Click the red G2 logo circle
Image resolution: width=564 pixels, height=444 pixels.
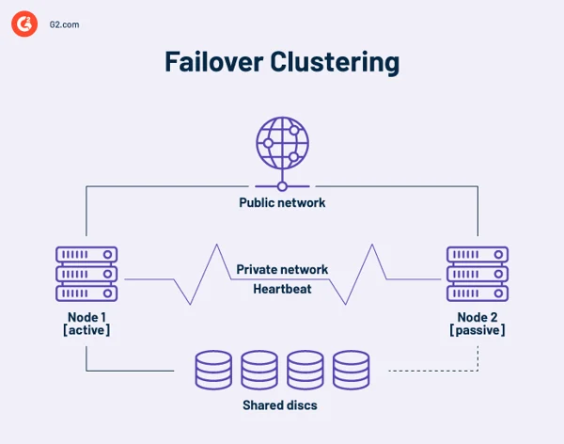(24, 25)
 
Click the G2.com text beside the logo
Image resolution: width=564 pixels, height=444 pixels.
(64, 25)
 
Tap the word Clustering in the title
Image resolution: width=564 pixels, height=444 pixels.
(336, 62)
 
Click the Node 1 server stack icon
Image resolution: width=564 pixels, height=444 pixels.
(86, 273)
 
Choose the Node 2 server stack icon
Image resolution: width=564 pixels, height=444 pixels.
(478, 273)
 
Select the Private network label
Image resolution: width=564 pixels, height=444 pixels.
(282, 270)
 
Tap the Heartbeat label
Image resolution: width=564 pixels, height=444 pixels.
(282, 289)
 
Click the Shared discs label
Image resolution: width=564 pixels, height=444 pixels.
(282, 405)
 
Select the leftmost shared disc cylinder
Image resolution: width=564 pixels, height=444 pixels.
(213, 370)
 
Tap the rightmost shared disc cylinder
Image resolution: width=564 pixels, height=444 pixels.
(352, 370)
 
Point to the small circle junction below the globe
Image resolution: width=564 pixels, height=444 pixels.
(282, 186)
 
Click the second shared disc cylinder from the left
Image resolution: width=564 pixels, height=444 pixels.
(259, 370)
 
